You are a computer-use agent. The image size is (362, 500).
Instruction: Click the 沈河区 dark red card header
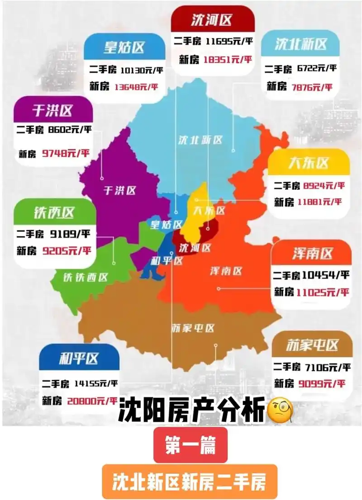(212, 19)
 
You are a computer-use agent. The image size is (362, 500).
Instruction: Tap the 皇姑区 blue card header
(124, 47)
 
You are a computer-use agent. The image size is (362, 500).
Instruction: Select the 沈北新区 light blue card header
(300, 44)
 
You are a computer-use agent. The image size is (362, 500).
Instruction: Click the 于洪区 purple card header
(53, 110)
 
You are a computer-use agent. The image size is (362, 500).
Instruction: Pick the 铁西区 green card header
(54, 212)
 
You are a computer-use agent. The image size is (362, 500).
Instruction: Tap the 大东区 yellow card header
(309, 163)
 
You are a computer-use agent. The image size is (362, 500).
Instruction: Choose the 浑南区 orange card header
(312, 254)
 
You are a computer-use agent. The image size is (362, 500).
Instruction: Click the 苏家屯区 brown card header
(312, 345)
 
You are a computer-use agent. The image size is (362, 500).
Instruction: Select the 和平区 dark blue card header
(79, 359)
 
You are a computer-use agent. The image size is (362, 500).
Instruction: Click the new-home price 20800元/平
(92, 401)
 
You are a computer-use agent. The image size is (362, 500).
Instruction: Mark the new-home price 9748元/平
(66, 153)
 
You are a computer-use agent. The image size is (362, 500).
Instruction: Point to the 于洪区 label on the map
(120, 190)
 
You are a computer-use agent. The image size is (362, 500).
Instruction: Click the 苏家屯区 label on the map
(193, 328)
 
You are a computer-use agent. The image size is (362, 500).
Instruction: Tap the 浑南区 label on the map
(226, 271)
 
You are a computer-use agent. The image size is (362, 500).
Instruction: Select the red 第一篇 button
(190, 445)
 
